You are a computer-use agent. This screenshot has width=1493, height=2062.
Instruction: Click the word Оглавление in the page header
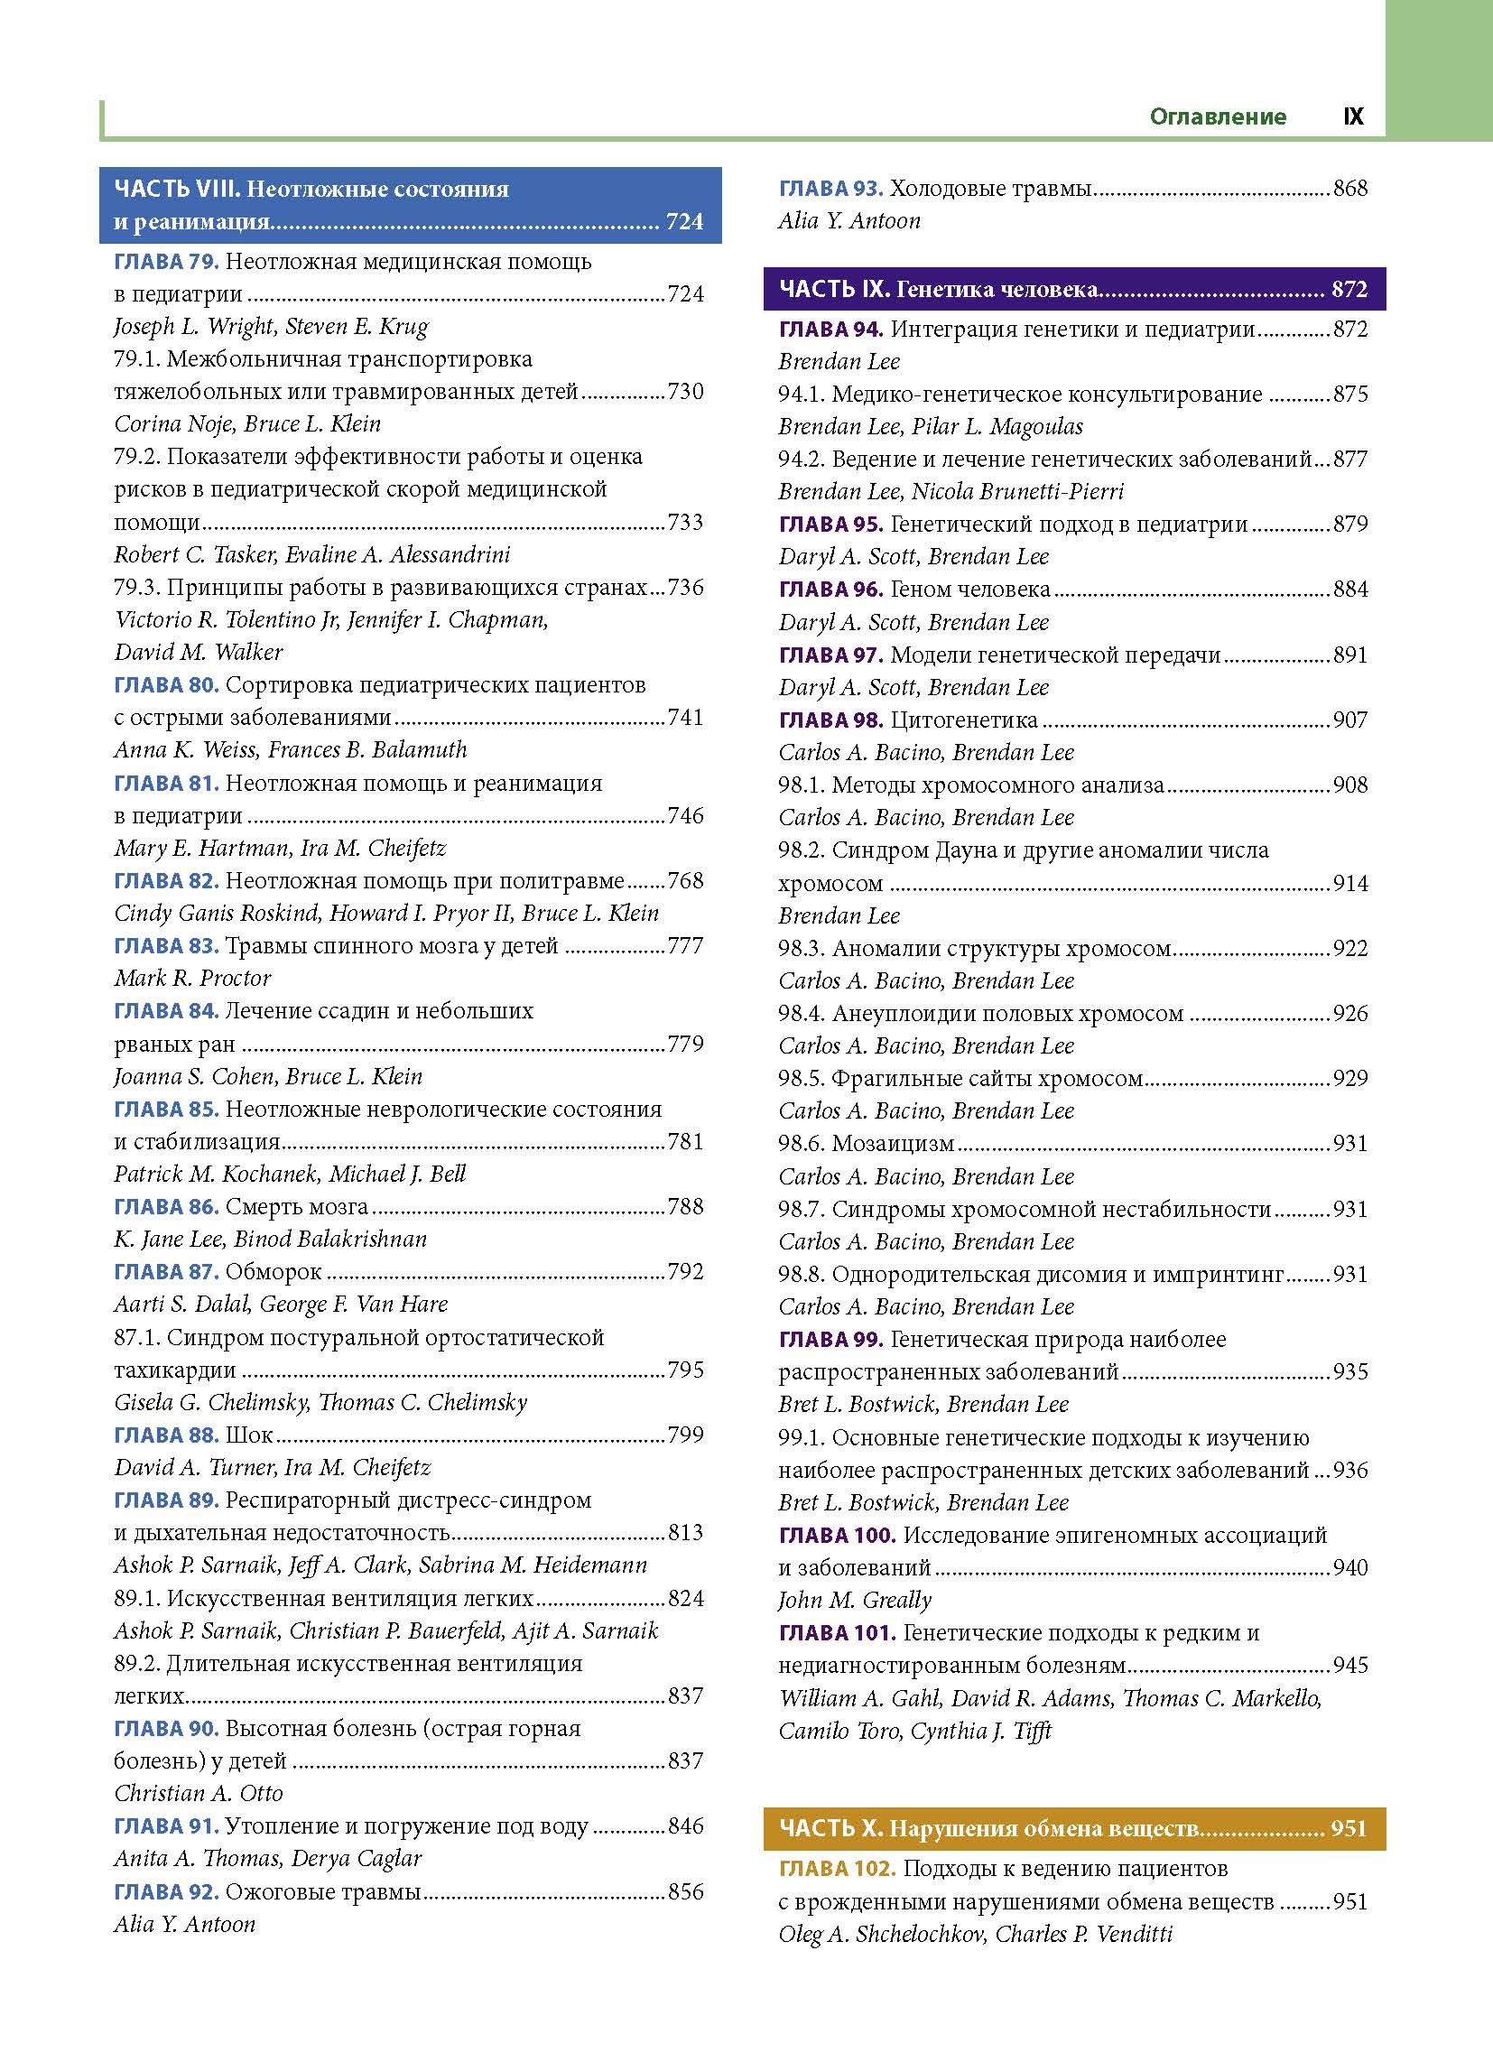(x=1218, y=116)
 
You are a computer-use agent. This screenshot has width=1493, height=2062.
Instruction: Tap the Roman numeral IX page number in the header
(x=1353, y=116)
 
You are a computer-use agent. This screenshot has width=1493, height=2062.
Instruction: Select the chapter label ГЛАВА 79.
(x=165, y=262)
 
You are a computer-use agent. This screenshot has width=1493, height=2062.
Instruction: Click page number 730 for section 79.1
(x=686, y=392)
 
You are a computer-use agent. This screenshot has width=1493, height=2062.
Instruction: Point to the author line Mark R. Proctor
(x=193, y=979)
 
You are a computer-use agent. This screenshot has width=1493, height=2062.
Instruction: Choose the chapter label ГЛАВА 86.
(x=165, y=1207)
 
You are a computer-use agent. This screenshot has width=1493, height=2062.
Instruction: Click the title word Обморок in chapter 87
(x=274, y=1272)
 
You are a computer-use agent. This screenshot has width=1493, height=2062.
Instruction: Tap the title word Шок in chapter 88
(x=249, y=1435)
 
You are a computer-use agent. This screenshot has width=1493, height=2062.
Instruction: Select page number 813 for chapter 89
(x=686, y=1533)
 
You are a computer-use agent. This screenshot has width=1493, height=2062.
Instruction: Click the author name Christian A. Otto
(x=199, y=1793)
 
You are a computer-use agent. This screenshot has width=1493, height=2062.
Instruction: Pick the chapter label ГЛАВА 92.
(x=165, y=1892)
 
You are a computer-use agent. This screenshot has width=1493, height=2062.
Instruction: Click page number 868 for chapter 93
(x=1350, y=189)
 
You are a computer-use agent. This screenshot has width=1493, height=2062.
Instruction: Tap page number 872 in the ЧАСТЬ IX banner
(x=1349, y=289)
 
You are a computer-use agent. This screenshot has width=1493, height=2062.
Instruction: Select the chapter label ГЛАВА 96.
(x=830, y=590)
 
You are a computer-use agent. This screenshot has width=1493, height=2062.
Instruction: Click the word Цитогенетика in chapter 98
(x=964, y=720)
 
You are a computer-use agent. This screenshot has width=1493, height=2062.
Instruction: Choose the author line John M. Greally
(x=855, y=1600)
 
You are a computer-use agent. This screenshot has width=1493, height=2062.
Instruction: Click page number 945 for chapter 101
(x=1350, y=1665)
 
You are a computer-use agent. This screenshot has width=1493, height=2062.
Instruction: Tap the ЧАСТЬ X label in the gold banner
(x=830, y=1828)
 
